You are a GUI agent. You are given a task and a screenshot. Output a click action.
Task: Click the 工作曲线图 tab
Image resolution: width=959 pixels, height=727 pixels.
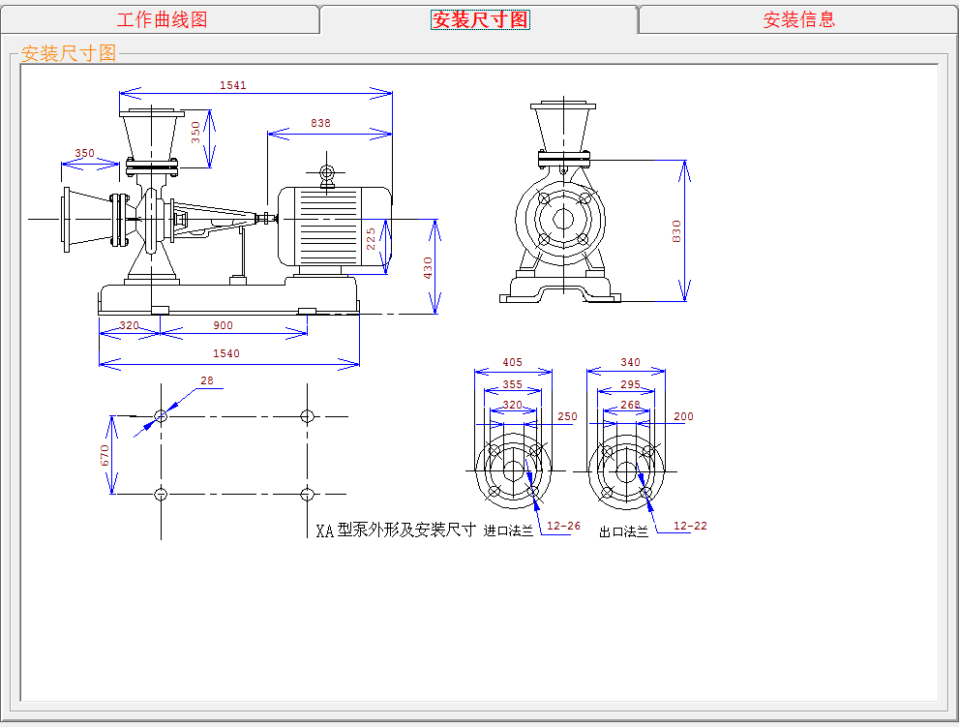click(x=162, y=19)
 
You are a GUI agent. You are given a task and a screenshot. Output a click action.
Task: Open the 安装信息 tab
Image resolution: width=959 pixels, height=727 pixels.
click(x=798, y=19)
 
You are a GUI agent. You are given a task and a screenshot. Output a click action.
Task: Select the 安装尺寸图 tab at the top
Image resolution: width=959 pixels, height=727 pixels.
click(x=480, y=19)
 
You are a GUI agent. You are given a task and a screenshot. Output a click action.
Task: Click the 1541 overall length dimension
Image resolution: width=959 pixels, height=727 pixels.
click(x=233, y=85)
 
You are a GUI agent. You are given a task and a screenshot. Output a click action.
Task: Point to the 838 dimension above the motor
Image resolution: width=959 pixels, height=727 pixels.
click(x=320, y=123)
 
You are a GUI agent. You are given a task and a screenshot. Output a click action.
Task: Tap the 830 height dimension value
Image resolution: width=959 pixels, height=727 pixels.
click(x=675, y=231)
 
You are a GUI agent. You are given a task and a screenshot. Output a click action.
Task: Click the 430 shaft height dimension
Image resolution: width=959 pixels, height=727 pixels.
click(x=428, y=268)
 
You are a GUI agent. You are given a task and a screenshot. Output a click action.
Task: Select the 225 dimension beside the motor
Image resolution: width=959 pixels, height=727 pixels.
click(x=371, y=239)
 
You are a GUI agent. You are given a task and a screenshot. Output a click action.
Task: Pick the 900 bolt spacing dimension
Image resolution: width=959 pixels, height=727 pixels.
click(x=224, y=325)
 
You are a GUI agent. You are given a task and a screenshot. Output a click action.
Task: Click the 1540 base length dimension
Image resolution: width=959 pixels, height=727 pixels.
click(x=226, y=353)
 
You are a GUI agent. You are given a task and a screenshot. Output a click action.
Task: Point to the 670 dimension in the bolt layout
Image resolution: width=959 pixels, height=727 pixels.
click(x=105, y=455)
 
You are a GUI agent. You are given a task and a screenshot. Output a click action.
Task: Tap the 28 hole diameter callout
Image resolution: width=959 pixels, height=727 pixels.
click(x=207, y=380)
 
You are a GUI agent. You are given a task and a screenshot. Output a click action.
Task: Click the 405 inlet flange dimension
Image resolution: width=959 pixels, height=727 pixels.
click(x=513, y=362)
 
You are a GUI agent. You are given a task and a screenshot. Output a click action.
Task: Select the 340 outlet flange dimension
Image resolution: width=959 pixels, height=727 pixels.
click(x=631, y=362)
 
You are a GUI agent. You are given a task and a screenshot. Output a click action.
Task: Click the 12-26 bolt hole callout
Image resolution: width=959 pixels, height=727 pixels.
click(x=563, y=526)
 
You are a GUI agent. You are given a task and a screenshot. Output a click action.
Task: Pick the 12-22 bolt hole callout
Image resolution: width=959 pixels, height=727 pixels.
click(x=690, y=526)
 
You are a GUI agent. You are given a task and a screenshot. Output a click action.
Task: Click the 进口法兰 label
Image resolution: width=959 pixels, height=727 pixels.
click(x=508, y=531)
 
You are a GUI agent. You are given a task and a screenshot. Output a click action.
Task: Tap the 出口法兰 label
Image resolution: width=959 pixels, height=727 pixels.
click(x=624, y=531)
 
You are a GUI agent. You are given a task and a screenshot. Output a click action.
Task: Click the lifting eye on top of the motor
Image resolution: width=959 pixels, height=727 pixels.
click(x=327, y=172)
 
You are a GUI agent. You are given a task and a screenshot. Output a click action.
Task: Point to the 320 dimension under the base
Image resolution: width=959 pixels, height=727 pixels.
click(x=129, y=325)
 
